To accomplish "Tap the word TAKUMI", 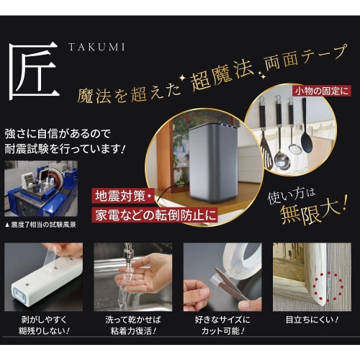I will (x=96, y=47).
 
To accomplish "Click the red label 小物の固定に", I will (x=321, y=91).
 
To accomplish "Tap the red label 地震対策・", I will (x=122, y=196).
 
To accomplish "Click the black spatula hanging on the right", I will (x=307, y=130).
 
